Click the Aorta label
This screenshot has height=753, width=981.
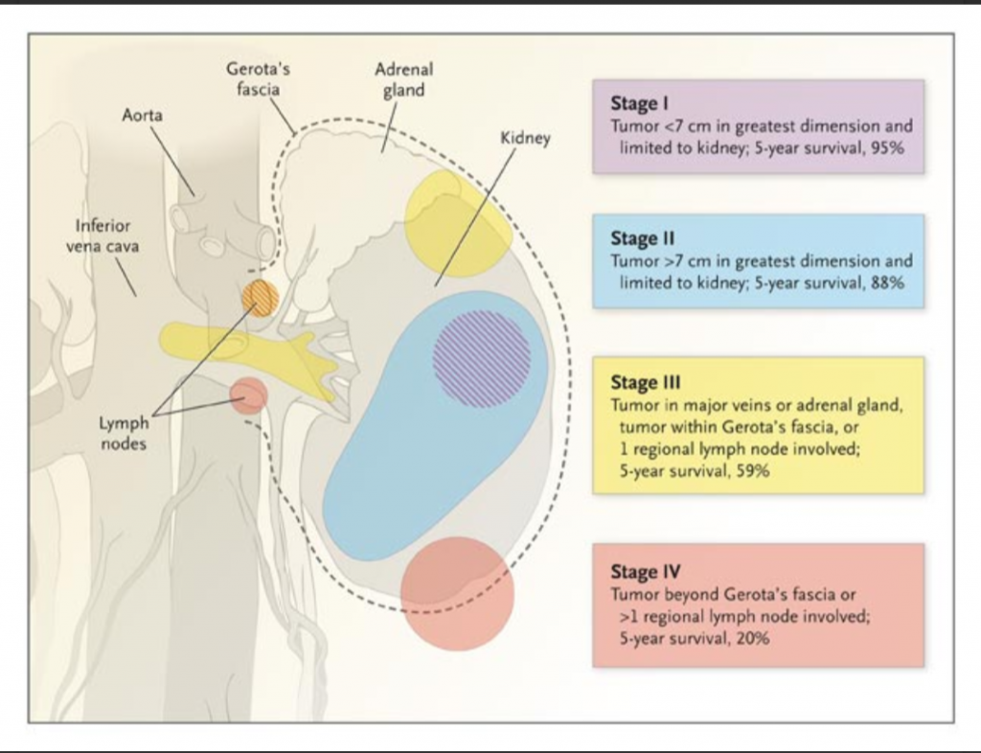pos(142,115)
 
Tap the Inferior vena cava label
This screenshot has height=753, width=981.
pos(103,236)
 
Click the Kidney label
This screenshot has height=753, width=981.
pos(525,139)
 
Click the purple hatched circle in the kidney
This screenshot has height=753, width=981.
pos(481,359)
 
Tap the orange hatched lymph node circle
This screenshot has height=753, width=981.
pos(260,298)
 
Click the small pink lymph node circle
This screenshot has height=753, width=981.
pos(249,395)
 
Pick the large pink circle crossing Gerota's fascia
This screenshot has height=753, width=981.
pos(457,594)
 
